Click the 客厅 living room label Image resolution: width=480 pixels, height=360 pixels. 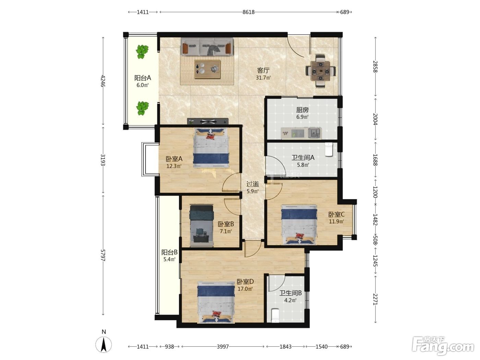263,70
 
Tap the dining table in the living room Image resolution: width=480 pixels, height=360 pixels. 321,71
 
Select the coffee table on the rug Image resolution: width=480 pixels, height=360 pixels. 207,69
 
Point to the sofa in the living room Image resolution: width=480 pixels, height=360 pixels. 207,47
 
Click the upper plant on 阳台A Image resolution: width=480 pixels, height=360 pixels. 142,51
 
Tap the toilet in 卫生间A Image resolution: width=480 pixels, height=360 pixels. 329,149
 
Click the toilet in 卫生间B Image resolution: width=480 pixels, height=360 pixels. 275,315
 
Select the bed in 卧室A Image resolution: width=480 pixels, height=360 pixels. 211,148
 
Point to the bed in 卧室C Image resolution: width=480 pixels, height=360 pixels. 299,225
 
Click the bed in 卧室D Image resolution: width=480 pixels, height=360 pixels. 216,302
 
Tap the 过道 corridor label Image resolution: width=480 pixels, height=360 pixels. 253,184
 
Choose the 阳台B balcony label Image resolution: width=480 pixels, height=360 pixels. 169,252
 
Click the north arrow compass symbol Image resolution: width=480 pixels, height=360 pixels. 104,345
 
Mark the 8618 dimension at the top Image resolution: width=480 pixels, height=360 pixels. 249,12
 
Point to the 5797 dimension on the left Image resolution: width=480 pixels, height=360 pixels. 103,255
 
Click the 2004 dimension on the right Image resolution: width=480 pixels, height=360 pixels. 375,119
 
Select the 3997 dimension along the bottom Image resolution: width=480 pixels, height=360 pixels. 223,346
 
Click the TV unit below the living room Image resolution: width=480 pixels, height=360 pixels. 208,121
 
